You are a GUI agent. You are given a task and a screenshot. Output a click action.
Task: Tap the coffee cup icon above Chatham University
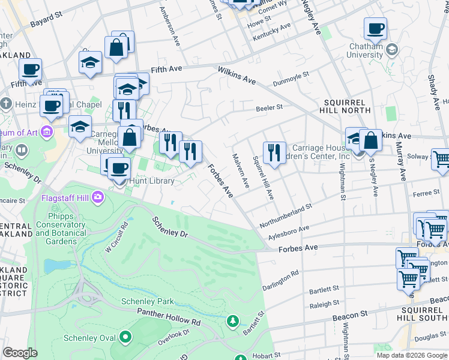pyautogui.click(x=375, y=29)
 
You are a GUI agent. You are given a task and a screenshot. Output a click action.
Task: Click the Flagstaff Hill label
pyautogui.click(x=67, y=197)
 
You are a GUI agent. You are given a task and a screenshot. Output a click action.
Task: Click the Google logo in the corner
pyautogui.click(x=20, y=353)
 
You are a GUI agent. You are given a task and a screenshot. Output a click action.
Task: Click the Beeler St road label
pyautogui.click(x=270, y=108)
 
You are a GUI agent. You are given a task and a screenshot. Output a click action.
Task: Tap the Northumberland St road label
pyautogui.click(x=286, y=215)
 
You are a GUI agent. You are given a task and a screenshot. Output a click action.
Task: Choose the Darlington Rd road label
pyautogui.click(x=280, y=280)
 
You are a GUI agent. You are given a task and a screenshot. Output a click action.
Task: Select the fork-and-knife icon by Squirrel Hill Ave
pyautogui.click(x=274, y=152)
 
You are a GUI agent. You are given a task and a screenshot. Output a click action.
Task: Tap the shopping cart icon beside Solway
pyautogui.click(x=441, y=159)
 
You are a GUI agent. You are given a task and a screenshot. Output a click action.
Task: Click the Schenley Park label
pyautogui.click(x=147, y=301)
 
